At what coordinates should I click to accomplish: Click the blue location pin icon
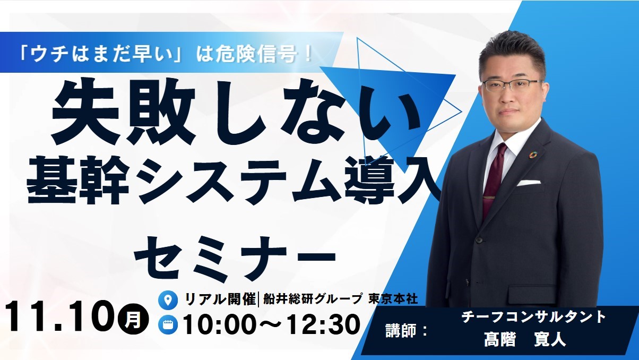pyautogui.click(x=168, y=300)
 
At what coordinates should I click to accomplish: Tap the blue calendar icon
pyautogui.click(x=168, y=324)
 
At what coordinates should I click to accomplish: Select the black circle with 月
pyautogui.click(x=133, y=319)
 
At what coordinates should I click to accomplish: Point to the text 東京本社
pyautogui.click(x=393, y=299)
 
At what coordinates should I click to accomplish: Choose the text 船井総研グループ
pyautogui.click(x=313, y=299)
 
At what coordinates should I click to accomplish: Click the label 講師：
pyautogui.click(x=406, y=331)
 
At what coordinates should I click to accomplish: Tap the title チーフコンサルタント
pyautogui.click(x=533, y=317)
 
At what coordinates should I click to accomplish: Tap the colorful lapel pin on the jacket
pyautogui.click(x=532, y=155)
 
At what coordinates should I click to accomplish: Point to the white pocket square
pyautogui.click(x=529, y=183)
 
